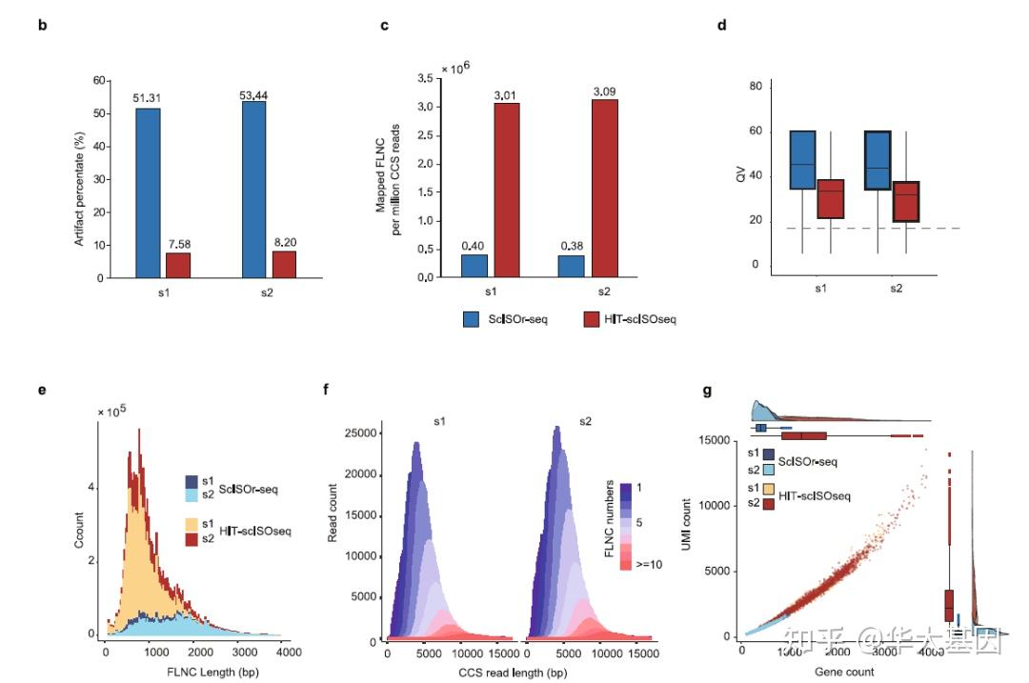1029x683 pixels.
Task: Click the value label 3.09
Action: (x=604, y=90)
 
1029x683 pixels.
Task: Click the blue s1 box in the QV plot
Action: (x=802, y=160)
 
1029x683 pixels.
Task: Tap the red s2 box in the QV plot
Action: (x=904, y=201)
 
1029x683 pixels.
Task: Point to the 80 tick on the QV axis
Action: (x=755, y=87)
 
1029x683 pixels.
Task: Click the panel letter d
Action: (x=721, y=26)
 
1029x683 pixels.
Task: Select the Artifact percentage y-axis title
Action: (x=80, y=178)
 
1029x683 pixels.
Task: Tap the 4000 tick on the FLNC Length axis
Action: (x=289, y=653)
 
